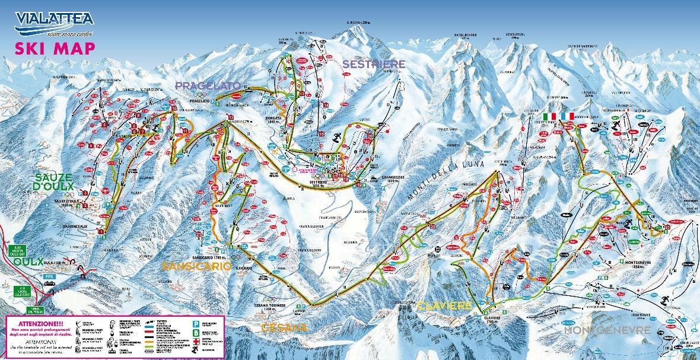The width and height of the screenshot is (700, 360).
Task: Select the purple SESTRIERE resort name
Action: point(374,63)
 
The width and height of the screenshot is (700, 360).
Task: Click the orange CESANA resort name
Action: point(285,327)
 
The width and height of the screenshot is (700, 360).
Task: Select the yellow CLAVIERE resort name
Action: point(444,306)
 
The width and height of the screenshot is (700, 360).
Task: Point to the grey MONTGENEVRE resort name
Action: point(607,330)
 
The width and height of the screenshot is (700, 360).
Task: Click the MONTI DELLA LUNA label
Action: point(448,180)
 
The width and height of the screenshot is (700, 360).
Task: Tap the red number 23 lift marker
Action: point(667,227)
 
